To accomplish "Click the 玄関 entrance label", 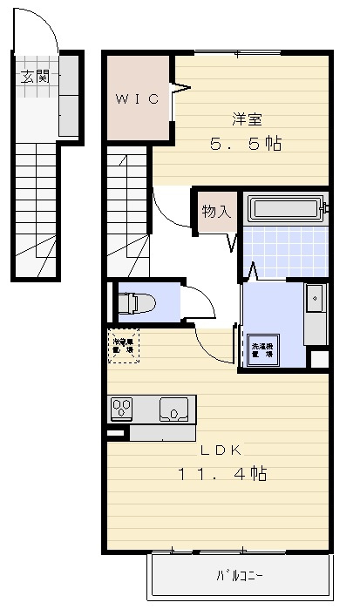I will coord(35,76).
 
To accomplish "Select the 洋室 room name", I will coord(247,119).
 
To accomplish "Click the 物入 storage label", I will coord(215,211).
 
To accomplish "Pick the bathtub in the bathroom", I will coord(286,209).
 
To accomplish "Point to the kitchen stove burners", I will coord(121,408).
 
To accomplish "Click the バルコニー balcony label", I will coord(239,576).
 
